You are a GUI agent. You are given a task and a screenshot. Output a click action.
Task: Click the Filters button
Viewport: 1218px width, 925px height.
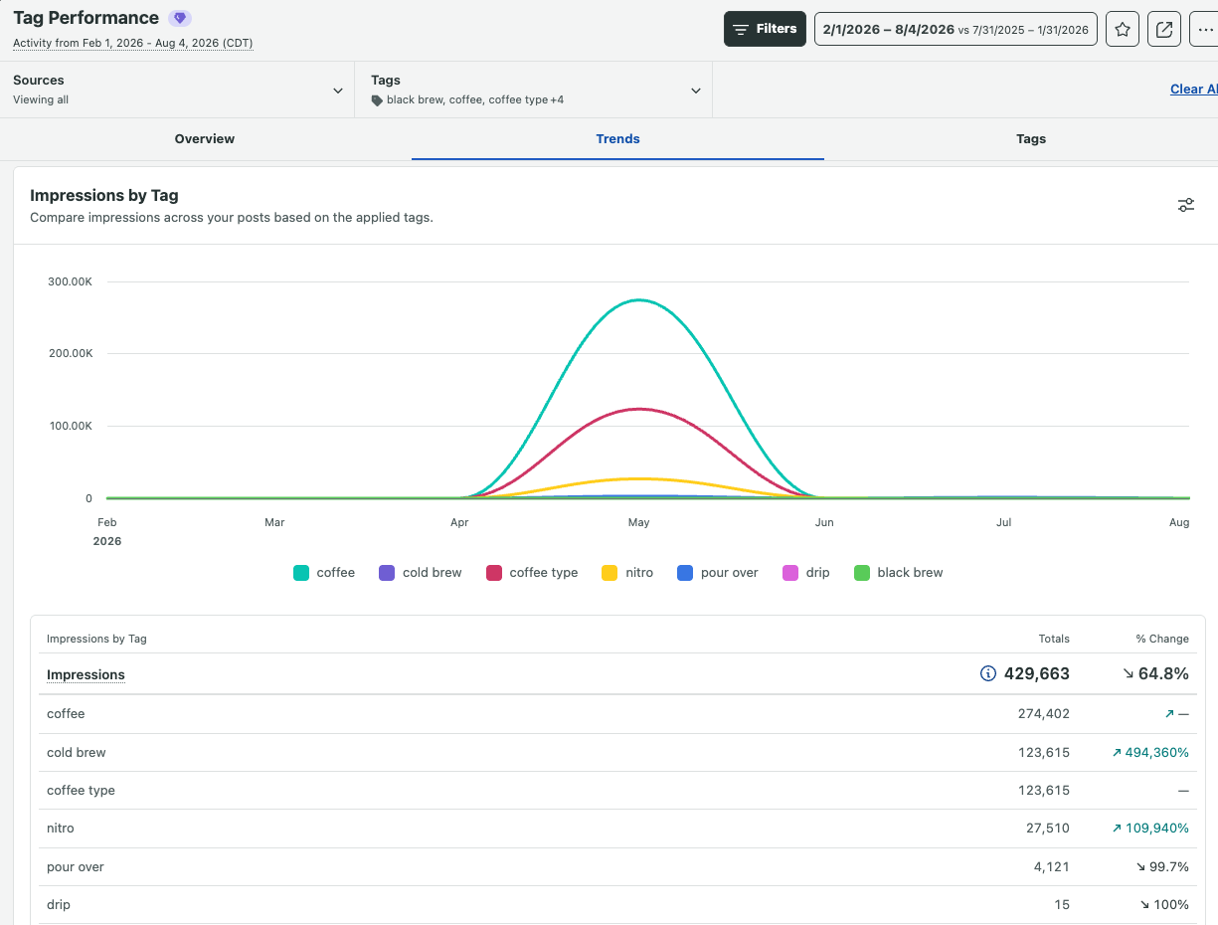[764, 29]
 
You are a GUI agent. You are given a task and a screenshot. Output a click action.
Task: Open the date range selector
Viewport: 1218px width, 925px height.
[955, 29]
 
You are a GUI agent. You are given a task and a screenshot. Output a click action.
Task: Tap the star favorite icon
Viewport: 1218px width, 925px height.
[1122, 29]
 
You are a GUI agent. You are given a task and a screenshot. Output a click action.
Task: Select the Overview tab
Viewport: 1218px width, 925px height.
[204, 138]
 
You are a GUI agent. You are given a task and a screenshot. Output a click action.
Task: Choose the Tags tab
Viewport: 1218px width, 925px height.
[1030, 138]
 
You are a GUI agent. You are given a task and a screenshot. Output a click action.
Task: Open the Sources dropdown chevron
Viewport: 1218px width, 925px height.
[337, 91]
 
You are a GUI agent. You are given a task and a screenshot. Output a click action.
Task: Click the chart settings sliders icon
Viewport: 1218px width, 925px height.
[1186, 205]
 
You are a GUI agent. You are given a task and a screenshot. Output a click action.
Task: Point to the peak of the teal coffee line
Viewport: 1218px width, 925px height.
[639, 300]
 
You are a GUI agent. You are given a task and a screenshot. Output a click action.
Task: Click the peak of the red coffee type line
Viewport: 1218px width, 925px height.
[639, 409]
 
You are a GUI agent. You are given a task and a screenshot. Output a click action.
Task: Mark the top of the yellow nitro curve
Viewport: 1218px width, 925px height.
[639, 478]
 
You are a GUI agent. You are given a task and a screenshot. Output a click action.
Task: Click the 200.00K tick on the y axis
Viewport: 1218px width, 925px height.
[71, 353]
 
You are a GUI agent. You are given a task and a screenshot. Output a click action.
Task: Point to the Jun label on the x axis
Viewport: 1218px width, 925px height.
[823, 522]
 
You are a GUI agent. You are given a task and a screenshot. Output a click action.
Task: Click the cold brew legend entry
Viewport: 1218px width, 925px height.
[420, 573]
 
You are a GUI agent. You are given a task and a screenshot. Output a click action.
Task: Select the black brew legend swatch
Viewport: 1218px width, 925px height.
[862, 573]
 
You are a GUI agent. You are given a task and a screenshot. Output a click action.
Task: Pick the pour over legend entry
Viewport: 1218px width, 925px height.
[718, 573]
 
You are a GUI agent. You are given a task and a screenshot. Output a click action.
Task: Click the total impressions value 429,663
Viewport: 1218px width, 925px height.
[1037, 673]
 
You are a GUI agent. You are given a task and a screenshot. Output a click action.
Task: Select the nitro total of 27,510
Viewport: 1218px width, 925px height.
[1047, 828]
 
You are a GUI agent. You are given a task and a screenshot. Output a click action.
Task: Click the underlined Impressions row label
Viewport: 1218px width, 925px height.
[86, 674]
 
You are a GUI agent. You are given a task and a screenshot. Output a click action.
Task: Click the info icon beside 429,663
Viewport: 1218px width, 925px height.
[987, 673]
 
